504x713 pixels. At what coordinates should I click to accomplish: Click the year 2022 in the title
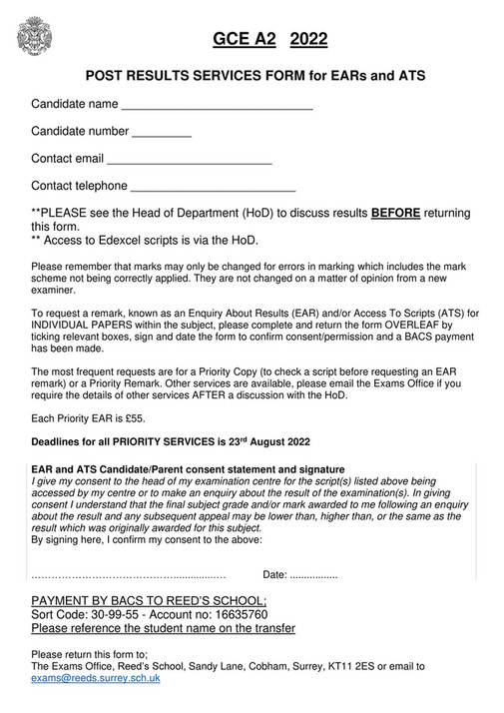[x=308, y=40]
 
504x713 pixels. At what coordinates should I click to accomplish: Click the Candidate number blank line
[x=161, y=134]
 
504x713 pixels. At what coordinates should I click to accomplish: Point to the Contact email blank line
[x=189, y=161]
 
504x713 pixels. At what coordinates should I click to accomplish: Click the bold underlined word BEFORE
[x=396, y=213]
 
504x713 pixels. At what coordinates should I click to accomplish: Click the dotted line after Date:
[x=312, y=575]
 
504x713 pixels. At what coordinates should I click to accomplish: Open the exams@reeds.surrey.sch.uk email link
[x=95, y=678]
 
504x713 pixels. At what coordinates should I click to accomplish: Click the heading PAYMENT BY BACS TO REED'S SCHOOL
[x=149, y=600]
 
